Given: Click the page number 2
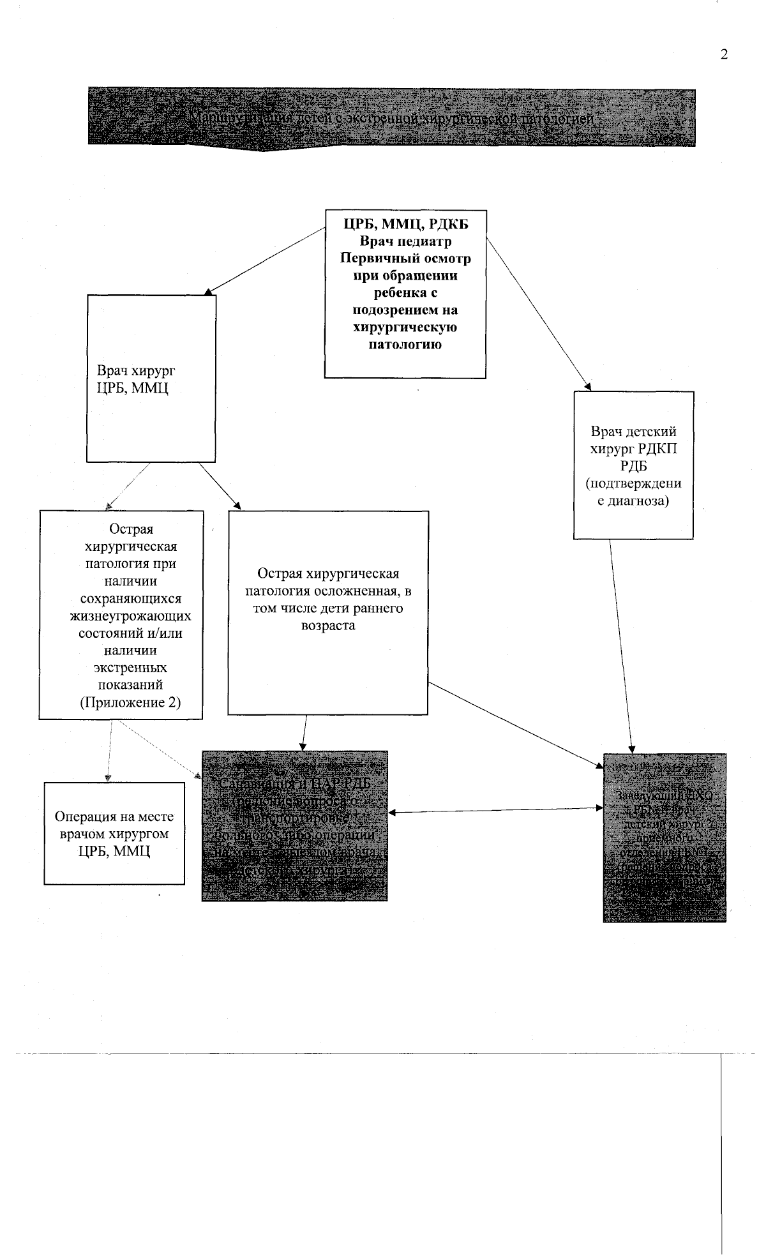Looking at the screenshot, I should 724,54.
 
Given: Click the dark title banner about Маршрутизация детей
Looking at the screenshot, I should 391,119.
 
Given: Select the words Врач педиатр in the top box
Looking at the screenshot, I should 405,242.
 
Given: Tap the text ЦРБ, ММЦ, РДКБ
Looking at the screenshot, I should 405,224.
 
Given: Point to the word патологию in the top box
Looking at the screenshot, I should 405,345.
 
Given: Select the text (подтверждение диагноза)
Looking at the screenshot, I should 633,492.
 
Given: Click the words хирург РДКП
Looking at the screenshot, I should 633,449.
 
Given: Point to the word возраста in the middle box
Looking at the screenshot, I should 327,626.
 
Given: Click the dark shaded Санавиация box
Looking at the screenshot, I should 294,825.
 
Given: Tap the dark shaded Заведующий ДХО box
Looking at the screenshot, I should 665,838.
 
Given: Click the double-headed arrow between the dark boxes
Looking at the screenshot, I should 496,810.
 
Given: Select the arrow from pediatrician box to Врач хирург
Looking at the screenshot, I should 265,261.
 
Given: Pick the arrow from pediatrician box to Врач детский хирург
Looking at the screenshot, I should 538,313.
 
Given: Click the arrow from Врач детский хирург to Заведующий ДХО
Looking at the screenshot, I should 621,645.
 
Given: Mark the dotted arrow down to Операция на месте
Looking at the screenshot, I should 110,750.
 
